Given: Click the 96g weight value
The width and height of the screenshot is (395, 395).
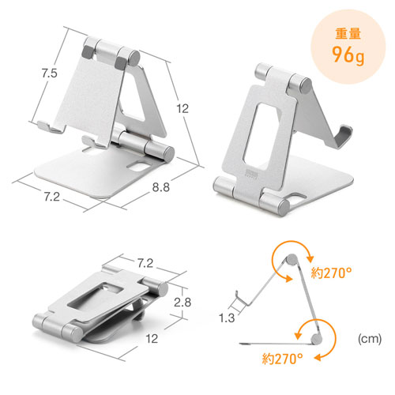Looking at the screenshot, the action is pyautogui.click(x=348, y=55).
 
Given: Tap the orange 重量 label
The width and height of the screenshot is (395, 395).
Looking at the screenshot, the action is pyautogui.click(x=348, y=34).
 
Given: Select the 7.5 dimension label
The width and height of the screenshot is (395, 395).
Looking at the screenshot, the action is pyautogui.click(x=50, y=73).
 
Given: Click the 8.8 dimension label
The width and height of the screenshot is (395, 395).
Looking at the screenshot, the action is pyautogui.click(x=160, y=187).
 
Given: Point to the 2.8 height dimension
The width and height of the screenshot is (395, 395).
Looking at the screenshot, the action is pyautogui.click(x=182, y=302).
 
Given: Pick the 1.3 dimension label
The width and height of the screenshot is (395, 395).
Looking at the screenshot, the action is pyautogui.click(x=227, y=318).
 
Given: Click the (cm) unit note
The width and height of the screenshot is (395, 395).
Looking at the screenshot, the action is pyautogui.click(x=370, y=339).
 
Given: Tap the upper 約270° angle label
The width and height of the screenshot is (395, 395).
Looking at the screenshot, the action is pyautogui.click(x=331, y=273).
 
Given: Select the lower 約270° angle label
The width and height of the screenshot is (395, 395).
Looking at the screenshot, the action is pyautogui.click(x=282, y=359).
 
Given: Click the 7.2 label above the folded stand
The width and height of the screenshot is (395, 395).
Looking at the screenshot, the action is pyautogui.click(x=145, y=263).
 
